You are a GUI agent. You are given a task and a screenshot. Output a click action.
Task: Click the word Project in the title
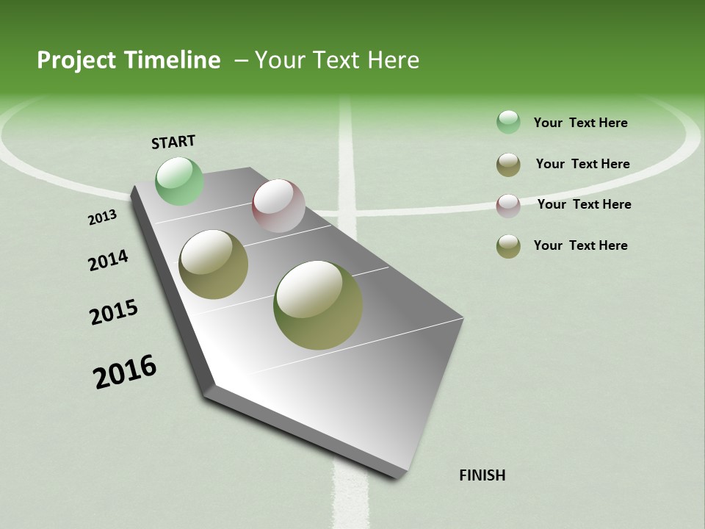pyautogui.click(x=76, y=60)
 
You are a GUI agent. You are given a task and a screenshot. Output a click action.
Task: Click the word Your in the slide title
pyautogui.click(x=281, y=60)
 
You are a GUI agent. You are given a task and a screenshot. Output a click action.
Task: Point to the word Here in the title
pyautogui.click(x=393, y=60)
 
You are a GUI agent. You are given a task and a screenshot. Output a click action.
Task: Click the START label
pyautogui.click(x=173, y=142)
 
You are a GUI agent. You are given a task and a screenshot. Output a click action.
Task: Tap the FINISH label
pyautogui.click(x=482, y=475)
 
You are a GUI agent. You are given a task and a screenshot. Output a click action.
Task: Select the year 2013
pyautogui.click(x=102, y=217)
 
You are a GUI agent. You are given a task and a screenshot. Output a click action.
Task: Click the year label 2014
pyautogui.click(x=109, y=261)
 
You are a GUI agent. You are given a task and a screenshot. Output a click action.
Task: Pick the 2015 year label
pyautogui.click(x=114, y=312)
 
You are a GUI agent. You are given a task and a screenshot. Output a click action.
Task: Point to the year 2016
pyautogui.click(x=125, y=371)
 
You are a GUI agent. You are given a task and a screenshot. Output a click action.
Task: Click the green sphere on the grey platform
pyautogui.click(x=179, y=181)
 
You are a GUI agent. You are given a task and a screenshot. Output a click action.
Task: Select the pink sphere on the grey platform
pyautogui.click(x=278, y=206)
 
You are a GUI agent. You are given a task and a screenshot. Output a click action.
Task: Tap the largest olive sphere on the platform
pyautogui.click(x=318, y=305)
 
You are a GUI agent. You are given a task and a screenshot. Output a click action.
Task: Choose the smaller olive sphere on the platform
pyautogui.click(x=214, y=264)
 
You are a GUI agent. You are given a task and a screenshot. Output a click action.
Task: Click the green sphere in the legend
pyautogui.click(x=508, y=122)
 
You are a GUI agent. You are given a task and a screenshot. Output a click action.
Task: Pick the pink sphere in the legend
pyautogui.click(x=508, y=206)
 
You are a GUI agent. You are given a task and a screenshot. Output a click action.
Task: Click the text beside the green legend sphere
pyautogui.click(x=580, y=123)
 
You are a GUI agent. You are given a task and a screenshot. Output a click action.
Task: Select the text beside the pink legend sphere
pyautogui.click(x=584, y=204)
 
